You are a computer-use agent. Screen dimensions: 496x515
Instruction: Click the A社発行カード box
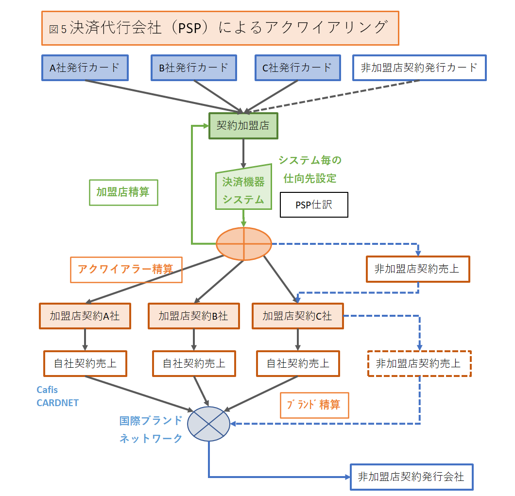coord(85,68)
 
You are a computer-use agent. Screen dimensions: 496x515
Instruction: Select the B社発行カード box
coord(194,68)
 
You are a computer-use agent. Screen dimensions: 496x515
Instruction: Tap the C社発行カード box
coord(297,68)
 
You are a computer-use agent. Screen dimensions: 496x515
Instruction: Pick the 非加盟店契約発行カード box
coord(419,68)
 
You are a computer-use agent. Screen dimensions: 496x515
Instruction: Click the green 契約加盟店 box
coord(242,126)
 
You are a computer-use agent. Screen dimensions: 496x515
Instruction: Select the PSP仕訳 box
coord(314,205)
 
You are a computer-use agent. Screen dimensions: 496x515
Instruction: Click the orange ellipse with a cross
coord(243,243)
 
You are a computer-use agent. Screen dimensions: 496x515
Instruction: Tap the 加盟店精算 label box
coord(123,192)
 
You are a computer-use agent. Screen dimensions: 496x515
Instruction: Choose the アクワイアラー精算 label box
coord(126,269)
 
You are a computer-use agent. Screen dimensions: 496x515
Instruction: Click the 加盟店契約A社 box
coord(85,316)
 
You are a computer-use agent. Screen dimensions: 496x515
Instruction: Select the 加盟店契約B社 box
coord(193,316)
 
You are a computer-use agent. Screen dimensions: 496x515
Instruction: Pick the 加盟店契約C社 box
coord(297,316)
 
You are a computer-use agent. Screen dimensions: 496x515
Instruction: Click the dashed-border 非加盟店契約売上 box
coord(418,363)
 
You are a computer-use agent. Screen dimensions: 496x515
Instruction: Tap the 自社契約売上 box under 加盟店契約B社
coord(194,363)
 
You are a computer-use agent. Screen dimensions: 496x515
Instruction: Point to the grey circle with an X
coord(208,424)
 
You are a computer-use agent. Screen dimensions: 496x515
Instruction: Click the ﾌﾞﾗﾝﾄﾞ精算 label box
coord(314,405)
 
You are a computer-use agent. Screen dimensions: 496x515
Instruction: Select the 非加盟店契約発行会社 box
coord(411,477)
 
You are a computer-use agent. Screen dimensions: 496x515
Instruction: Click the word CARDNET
coord(57,403)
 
